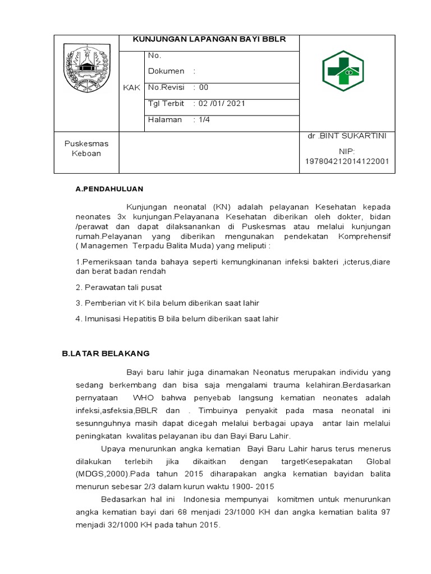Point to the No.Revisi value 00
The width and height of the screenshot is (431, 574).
click(203, 87)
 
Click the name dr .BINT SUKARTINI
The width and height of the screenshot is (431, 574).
click(347, 136)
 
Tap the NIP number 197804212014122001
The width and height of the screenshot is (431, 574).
click(347, 161)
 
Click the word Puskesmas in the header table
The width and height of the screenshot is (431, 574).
click(86, 143)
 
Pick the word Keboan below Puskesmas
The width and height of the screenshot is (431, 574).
click(86, 153)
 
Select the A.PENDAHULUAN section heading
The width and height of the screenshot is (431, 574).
click(109, 189)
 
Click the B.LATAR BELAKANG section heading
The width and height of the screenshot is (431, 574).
click(106, 353)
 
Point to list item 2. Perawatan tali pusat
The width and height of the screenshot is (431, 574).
click(118, 288)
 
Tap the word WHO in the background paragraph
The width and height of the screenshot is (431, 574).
click(143, 397)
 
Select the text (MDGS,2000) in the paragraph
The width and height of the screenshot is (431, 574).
click(97, 474)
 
